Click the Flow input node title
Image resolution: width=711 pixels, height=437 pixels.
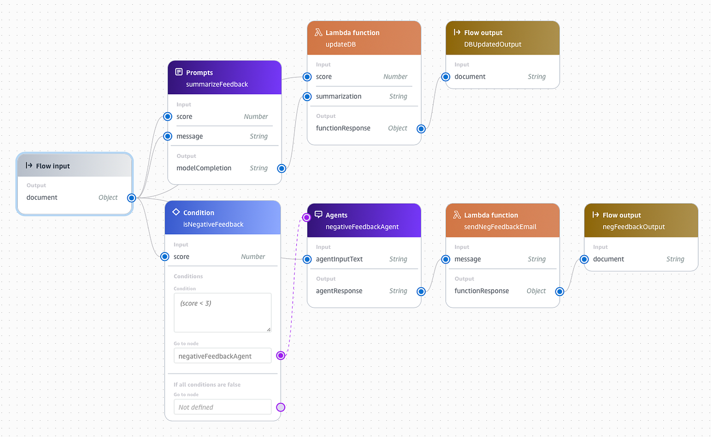click(53, 166)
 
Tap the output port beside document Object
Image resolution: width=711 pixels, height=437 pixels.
click(131, 198)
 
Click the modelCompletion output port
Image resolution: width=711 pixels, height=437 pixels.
click(281, 168)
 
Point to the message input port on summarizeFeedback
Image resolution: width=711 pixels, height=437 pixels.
click(168, 136)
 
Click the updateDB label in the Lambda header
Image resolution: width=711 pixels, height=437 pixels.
click(340, 44)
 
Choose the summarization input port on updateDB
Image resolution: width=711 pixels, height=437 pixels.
click(307, 96)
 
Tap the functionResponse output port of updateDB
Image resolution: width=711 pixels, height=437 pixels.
click(421, 128)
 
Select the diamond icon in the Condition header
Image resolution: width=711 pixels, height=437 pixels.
click(176, 213)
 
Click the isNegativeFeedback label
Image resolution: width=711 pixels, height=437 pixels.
click(213, 224)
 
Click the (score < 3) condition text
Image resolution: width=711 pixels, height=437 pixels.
click(195, 303)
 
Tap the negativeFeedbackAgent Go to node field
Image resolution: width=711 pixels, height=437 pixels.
click(223, 356)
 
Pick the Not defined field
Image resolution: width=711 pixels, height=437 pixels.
click(223, 407)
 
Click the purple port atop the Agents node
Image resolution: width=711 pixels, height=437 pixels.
click(307, 217)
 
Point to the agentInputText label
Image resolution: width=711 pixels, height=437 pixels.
click(339, 259)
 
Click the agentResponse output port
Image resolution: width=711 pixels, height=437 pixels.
click(421, 291)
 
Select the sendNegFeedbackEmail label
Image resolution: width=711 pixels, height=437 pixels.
click(500, 226)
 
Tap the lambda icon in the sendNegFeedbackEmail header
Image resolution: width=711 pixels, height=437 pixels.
click(457, 215)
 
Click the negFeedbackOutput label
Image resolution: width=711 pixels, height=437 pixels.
click(634, 226)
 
